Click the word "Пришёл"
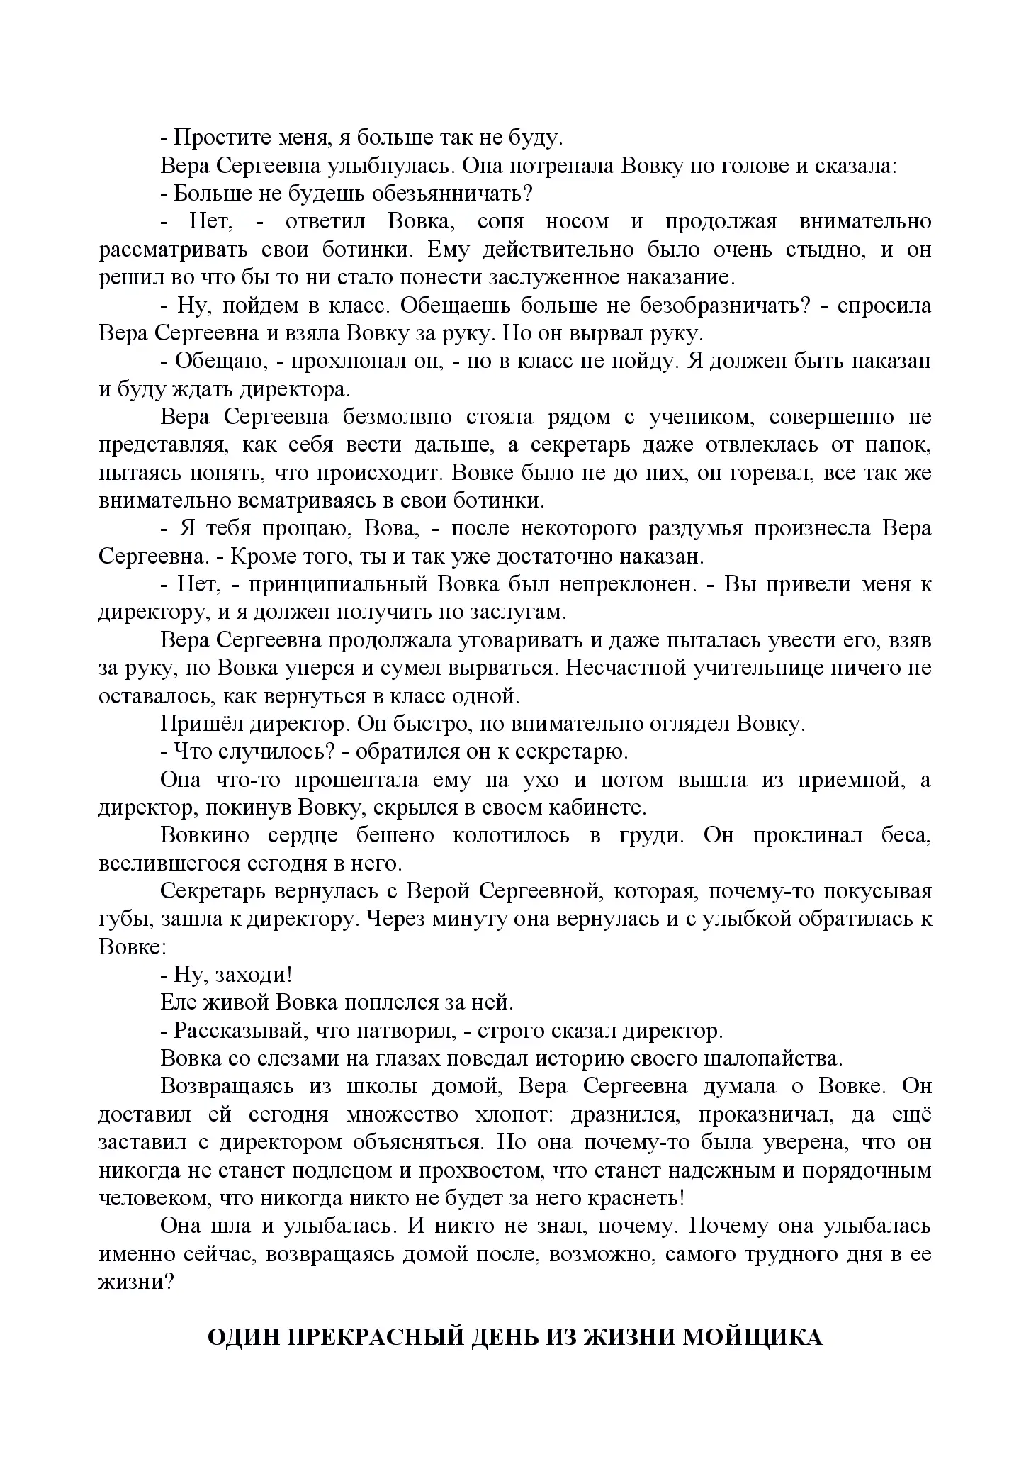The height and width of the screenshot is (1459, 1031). pos(195,724)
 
